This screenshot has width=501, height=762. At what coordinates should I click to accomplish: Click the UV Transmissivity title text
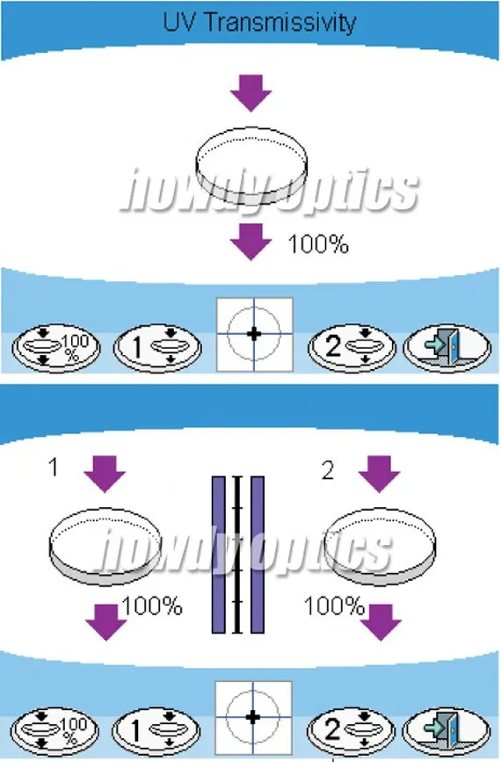pyautogui.click(x=259, y=23)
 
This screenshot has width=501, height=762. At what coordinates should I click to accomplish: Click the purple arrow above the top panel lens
pyautogui.click(x=250, y=93)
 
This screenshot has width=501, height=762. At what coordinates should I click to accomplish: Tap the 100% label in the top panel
pyautogui.click(x=318, y=244)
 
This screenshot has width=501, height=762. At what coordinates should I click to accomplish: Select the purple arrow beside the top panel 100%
pyautogui.click(x=250, y=242)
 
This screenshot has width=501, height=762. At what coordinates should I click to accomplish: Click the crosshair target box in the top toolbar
pyautogui.click(x=254, y=334)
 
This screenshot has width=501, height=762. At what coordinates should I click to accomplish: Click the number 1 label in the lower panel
pyautogui.click(x=54, y=468)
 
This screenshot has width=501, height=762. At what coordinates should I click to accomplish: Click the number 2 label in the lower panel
pyautogui.click(x=328, y=470)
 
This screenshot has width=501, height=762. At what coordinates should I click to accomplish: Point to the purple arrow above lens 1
pyautogui.click(x=105, y=474)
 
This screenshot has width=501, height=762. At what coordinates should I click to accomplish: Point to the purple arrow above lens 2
pyautogui.click(x=379, y=474)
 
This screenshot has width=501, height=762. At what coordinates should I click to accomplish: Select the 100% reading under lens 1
pyautogui.click(x=152, y=606)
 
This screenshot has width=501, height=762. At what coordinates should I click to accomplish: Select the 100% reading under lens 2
pyautogui.click(x=334, y=606)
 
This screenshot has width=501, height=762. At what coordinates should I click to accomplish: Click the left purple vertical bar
pyautogui.click(x=219, y=555)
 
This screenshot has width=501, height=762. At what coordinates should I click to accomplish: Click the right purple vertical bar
pyautogui.click(x=258, y=555)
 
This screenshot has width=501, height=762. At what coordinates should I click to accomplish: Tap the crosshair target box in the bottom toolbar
pyautogui.click(x=253, y=717)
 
